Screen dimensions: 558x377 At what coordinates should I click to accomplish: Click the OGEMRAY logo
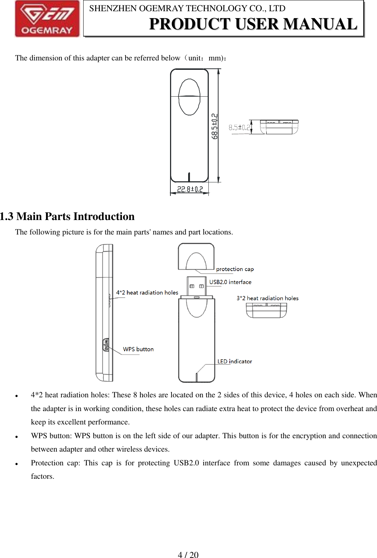[x=47, y=19]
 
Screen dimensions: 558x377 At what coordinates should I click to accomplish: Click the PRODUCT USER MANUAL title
[x=253, y=24]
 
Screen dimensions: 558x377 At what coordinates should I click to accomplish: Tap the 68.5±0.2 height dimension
[x=215, y=126]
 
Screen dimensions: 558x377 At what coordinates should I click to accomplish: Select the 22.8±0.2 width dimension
[x=190, y=189]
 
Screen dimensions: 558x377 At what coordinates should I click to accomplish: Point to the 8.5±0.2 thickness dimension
[x=239, y=127]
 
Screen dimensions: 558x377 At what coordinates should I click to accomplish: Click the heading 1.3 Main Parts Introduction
[x=67, y=216]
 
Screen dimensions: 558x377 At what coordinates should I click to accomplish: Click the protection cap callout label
[x=235, y=269]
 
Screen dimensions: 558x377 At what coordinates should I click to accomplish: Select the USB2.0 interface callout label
[x=230, y=282]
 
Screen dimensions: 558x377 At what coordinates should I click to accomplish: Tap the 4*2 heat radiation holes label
[x=147, y=292]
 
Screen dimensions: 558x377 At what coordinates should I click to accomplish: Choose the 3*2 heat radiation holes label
[x=267, y=298]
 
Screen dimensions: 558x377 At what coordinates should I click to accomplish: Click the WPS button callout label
[x=138, y=349]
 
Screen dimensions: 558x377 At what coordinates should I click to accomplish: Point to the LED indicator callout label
[x=234, y=362]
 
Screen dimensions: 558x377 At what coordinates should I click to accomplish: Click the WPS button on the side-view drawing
[x=106, y=344]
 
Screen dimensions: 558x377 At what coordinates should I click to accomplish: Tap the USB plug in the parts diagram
[x=196, y=286]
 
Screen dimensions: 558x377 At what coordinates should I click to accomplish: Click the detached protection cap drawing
[x=196, y=257]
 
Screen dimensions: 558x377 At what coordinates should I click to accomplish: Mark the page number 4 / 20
[x=188, y=555]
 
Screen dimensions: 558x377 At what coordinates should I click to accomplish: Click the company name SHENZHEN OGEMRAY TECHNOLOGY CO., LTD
[x=187, y=8]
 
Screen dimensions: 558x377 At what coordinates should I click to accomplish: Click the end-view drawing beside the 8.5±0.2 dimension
[x=279, y=127]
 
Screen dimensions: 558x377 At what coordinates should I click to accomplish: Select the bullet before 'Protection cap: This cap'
[x=17, y=464]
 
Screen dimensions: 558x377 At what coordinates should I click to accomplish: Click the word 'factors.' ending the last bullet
[x=42, y=476]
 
